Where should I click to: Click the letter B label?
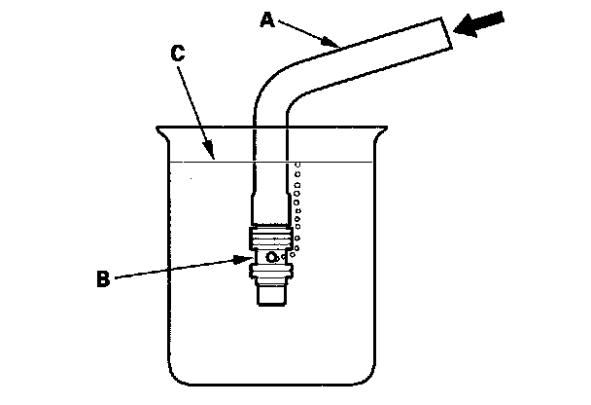[x=103, y=280]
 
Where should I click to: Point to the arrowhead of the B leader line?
[x=246, y=258]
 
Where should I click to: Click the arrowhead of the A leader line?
[x=336, y=45]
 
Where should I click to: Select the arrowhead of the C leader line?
[x=211, y=153]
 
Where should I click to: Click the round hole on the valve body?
[x=273, y=257]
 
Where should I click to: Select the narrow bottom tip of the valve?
[x=272, y=296]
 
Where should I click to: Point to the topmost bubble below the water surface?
[x=297, y=166]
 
